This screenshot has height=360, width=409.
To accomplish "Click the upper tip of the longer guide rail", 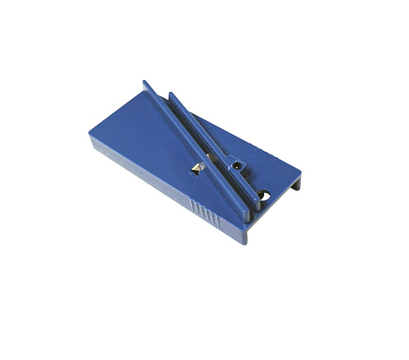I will click(145, 84).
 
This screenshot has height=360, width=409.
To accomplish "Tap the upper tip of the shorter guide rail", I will click(171, 95).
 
